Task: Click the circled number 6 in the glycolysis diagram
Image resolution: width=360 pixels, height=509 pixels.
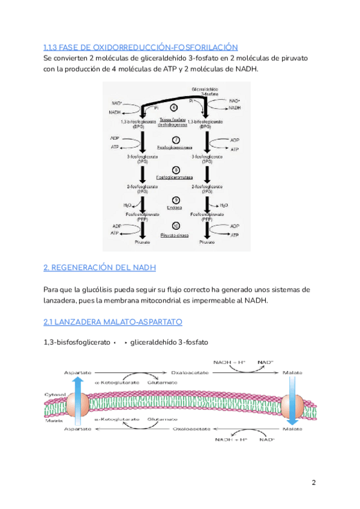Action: coord(174,108)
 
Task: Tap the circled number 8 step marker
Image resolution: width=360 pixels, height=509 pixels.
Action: coord(175,170)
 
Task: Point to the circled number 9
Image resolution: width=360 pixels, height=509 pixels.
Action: coord(175,200)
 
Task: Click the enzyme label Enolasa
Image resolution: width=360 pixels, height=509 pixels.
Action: coord(175,208)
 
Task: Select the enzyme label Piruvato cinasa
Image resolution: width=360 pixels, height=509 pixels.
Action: coord(175,235)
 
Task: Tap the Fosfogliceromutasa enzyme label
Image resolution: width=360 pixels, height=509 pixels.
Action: coord(175,178)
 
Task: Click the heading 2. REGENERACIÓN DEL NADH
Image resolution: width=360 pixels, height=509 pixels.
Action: coord(100,267)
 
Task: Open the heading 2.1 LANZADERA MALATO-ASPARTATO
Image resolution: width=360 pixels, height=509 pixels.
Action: coord(113,322)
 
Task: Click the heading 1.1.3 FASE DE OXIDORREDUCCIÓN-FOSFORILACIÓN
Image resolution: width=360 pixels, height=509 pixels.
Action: coord(141,47)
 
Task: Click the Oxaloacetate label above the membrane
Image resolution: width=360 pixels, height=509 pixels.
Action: coord(189,373)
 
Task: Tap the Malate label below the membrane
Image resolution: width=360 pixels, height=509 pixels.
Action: coord(292,430)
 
